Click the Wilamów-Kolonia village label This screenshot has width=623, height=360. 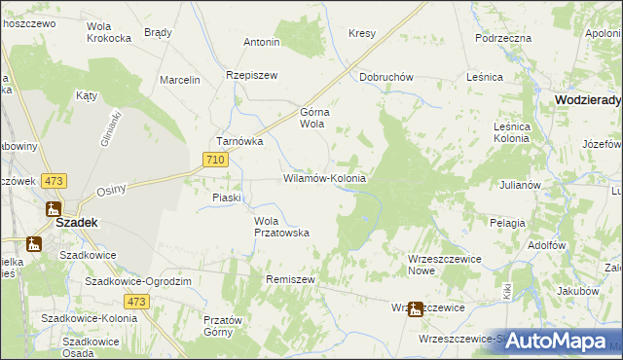tap(324, 179)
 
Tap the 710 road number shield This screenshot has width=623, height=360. tap(216, 159)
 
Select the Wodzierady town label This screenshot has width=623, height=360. tap(588, 99)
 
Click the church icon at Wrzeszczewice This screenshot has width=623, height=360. tap(415, 309)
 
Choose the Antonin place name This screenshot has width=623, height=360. tap(262, 43)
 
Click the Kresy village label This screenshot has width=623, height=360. tap(362, 33)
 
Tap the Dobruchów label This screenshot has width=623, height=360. tap(387, 77)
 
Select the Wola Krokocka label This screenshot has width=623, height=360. tap(109, 32)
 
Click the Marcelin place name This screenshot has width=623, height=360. tap(180, 80)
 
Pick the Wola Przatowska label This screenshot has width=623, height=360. tap(281, 226)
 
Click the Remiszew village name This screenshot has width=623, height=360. tap(291, 278)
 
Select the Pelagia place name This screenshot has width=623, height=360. tap(507, 223)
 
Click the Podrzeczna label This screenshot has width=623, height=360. tap(503, 38)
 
